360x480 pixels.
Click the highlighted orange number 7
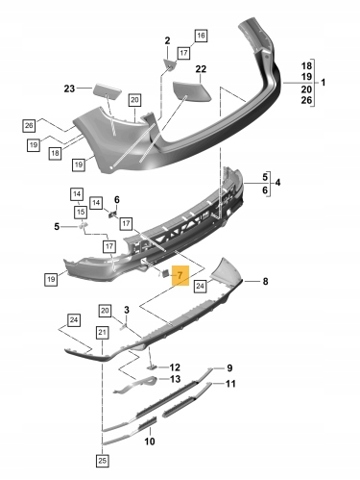[x=180, y=276]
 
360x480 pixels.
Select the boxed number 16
[x=201, y=36]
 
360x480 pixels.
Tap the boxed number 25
[x=102, y=461]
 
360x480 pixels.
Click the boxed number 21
[x=102, y=332]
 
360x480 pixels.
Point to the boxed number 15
[x=81, y=212]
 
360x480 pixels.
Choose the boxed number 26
[x=29, y=125]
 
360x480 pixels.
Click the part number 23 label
[x=69, y=89]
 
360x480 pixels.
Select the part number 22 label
[x=201, y=69]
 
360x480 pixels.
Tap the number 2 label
[x=167, y=41]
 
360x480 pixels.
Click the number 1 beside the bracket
[x=323, y=82]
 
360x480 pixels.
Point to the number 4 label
[x=278, y=182]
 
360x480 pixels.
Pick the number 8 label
[x=265, y=281]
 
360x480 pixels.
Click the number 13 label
[x=175, y=379]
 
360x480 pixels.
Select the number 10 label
[x=150, y=441]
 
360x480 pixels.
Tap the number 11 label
[x=230, y=384]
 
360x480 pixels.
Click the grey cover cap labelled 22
[x=192, y=91]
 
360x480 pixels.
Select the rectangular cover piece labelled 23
[x=107, y=89]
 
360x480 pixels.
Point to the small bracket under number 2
[x=170, y=64]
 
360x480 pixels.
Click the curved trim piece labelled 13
[x=136, y=384]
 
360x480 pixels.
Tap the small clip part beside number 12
[x=152, y=367]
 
